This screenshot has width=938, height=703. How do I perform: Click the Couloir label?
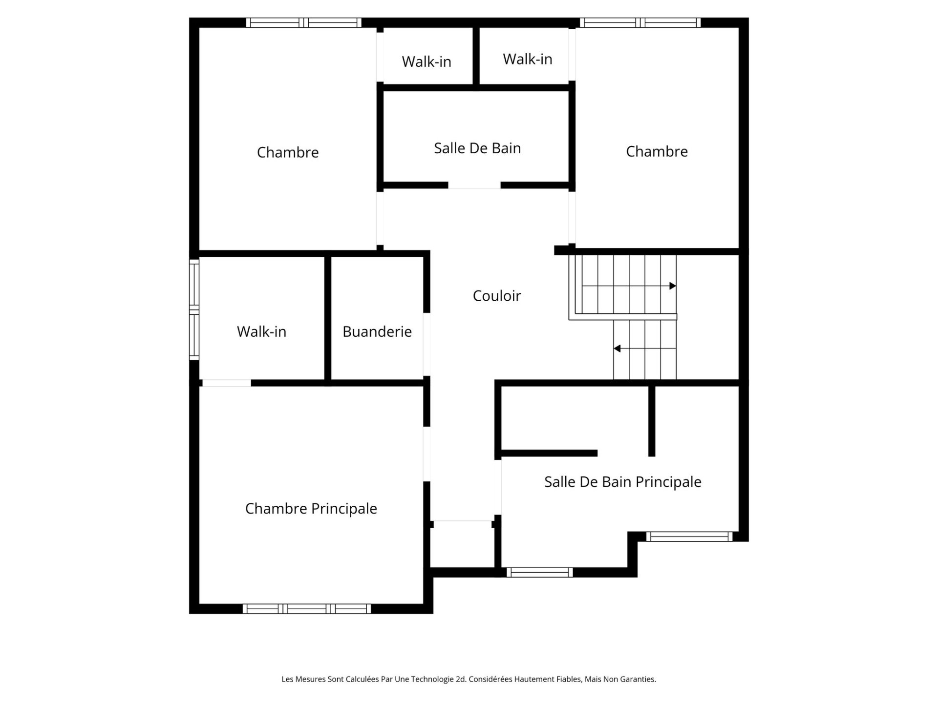click(x=497, y=296)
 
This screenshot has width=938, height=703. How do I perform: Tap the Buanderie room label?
click(x=377, y=331)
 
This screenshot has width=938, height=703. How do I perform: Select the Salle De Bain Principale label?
click(x=622, y=482)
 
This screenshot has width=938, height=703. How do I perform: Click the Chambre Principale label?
click(x=311, y=509)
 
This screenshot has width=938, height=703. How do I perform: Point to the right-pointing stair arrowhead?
click(x=673, y=286)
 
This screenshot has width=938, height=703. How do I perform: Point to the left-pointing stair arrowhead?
click(x=617, y=349)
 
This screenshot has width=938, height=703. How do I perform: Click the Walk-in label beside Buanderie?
click(x=261, y=331)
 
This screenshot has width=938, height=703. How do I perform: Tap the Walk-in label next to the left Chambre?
click(x=426, y=62)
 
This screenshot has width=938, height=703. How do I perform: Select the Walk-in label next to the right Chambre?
click(x=527, y=59)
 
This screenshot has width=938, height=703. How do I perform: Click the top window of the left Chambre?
click(x=303, y=22)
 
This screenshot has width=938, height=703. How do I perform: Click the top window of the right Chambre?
click(x=640, y=22)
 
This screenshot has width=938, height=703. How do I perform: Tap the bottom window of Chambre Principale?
click(x=306, y=609)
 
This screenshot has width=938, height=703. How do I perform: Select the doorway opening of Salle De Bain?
click(x=474, y=186)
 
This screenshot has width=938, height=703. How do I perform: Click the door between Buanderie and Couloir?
click(x=426, y=344)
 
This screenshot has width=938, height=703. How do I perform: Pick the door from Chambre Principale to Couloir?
click(x=426, y=454)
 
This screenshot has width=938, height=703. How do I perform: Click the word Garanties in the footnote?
click(x=638, y=679)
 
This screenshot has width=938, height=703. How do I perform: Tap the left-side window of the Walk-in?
click(x=194, y=310)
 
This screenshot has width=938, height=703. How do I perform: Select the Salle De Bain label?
click(x=477, y=148)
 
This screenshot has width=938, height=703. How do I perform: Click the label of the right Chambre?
click(x=657, y=151)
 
